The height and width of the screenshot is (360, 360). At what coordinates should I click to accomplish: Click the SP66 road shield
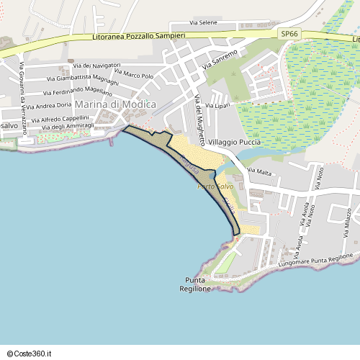point(289,33)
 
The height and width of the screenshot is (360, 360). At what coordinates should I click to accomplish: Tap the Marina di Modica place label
point(115,104)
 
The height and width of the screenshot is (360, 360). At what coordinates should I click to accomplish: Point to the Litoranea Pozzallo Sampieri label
point(139,35)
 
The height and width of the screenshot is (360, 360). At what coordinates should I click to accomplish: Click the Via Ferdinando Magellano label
point(78,91)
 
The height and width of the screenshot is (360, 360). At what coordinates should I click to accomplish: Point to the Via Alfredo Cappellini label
point(65,118)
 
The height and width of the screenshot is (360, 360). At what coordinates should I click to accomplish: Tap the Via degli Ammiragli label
point(68,126)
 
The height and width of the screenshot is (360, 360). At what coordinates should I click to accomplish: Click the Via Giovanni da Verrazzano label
point(23,89)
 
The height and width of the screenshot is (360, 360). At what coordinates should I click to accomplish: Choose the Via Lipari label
point(217,106)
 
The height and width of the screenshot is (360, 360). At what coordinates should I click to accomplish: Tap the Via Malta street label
point(259,172)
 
